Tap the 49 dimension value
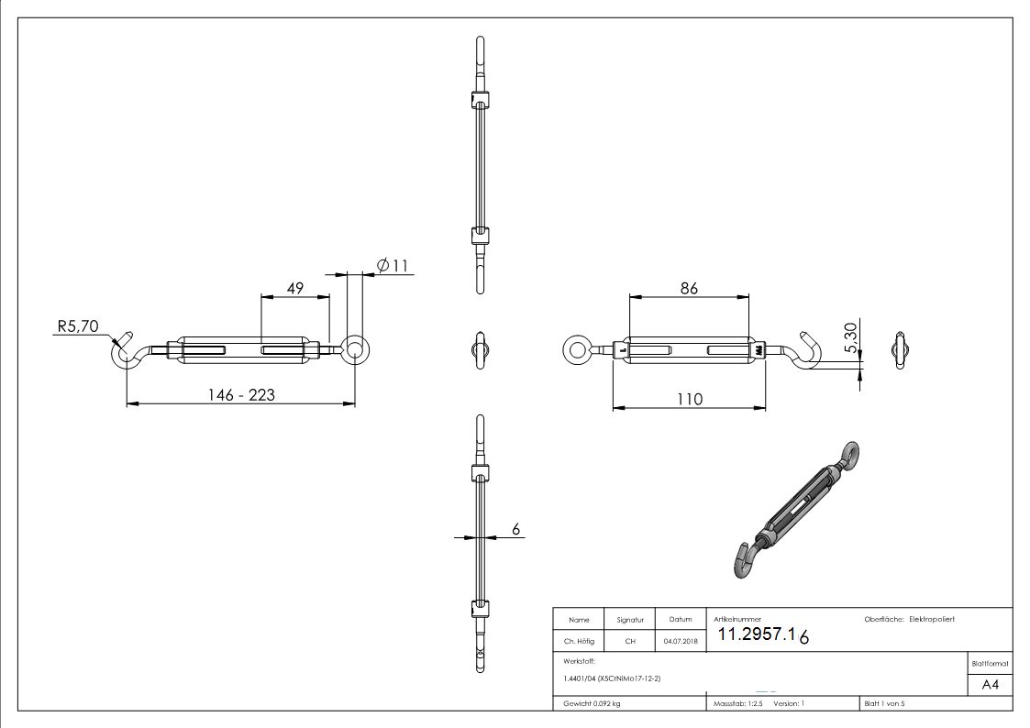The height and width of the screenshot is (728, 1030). (x=295, y=288)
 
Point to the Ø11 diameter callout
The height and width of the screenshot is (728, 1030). (x=392, y=266)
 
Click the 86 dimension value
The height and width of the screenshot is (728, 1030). (x=688, y=288)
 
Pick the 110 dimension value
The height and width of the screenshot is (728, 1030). (x=689, y=399)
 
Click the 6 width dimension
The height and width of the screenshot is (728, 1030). (x=515, y=529)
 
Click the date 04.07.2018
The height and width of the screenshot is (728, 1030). (x=680, y=642)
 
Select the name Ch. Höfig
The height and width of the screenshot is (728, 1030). (x=579, y=642)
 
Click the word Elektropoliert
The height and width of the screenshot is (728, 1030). (x=931, y=621)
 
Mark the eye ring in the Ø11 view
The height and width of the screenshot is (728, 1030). (x=354, y=347)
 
